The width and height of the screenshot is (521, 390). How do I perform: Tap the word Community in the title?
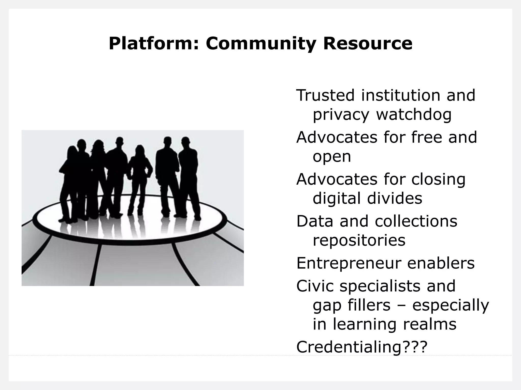click(x=261, y=44)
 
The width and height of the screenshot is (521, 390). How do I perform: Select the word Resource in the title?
click(x=368, y=44)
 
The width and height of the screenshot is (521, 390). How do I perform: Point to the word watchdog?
click(x=414, y=115)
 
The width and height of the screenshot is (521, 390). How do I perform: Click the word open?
click(x=332, y=157)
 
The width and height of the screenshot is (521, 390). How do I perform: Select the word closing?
click(x=438, y=180)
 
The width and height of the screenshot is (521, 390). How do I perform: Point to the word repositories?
click(x=359, y=240)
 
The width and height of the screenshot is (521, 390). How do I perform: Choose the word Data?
click(x=315, y=221)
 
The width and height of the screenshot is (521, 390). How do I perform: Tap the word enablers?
click(x=441, y=263)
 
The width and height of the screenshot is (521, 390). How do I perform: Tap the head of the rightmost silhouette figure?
click(x=185, y=141)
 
